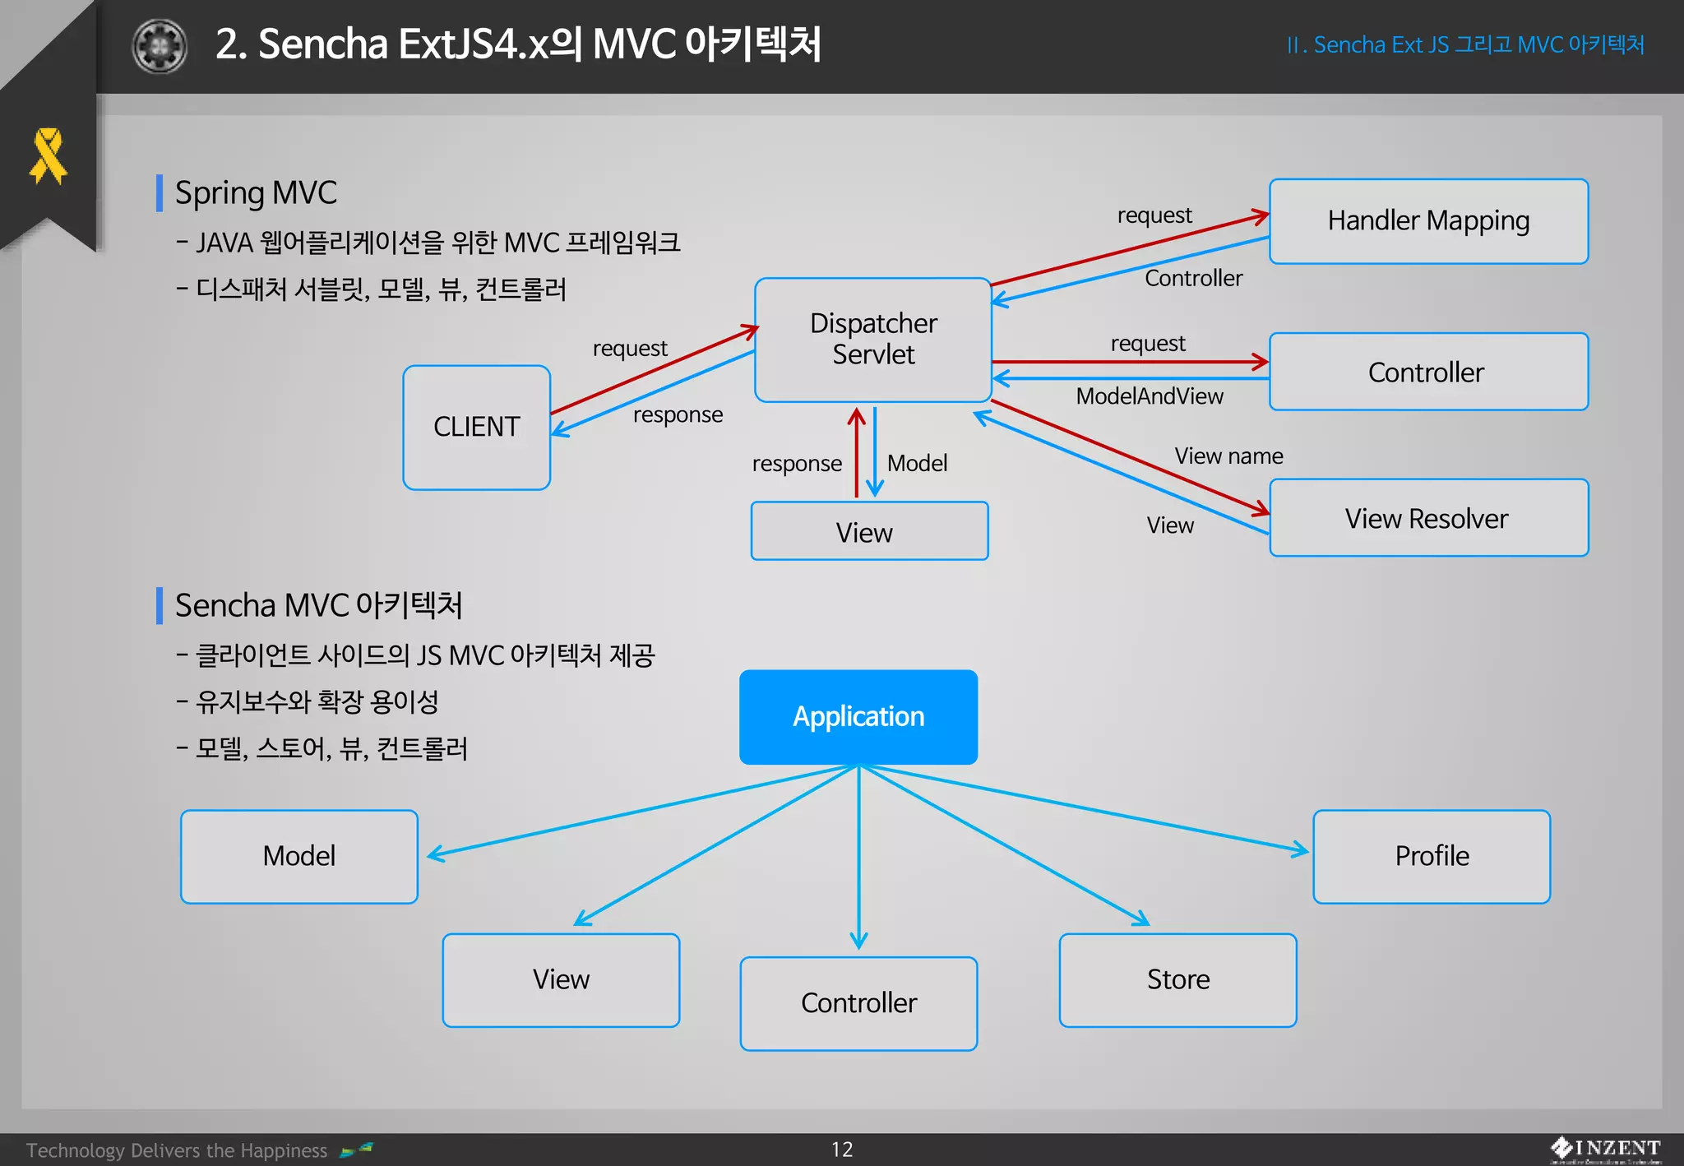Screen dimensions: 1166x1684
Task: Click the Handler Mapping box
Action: pos(1428,221)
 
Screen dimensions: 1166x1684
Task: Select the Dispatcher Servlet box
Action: pos(872,339)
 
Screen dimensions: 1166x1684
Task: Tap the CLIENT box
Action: pos(476,427)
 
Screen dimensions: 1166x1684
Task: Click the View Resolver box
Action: pos(1428,518)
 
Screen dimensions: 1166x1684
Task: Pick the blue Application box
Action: pos(858,716)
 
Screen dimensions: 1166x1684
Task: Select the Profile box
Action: pos(1431,856)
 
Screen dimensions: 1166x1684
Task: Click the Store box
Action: pos(1177,979)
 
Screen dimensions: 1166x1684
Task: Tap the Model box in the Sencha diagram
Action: pos(298,856)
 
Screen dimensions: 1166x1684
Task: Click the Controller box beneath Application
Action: pos(858,1003)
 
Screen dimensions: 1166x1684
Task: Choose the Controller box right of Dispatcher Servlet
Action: pos(1428,372)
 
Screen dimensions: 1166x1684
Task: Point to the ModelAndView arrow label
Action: pos(1149,396)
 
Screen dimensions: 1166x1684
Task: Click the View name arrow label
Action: pos(1228,456)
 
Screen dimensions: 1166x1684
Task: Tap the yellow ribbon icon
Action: pos(48,155)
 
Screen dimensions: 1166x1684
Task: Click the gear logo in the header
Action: pos(160,46)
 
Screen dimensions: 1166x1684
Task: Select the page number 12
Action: pos(842,1150)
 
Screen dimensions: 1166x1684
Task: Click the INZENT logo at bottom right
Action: pos(1606,1149)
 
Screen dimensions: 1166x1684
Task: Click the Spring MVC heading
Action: pos(256,192)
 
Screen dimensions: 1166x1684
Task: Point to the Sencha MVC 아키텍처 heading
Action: pos(318,605)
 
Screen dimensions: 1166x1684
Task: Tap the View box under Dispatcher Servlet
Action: pos(869,532)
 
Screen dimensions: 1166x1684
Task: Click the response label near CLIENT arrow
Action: pos(678,414)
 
